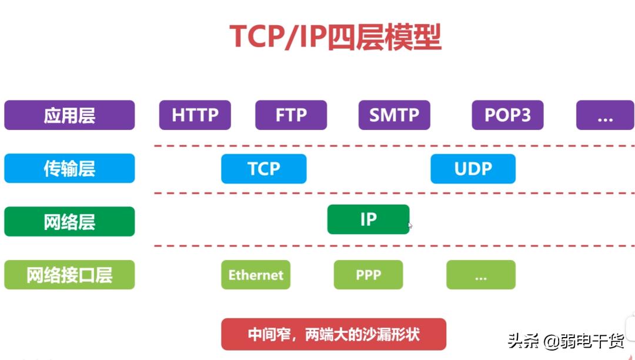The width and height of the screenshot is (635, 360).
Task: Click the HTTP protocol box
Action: [x=195, y=115]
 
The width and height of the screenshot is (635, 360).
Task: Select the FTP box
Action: [x=290, y=115]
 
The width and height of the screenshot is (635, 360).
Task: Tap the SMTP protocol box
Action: [x=394, y=115]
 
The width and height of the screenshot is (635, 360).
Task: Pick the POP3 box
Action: [x=507, y=115]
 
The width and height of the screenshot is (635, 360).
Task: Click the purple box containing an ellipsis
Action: [x=604, y=115]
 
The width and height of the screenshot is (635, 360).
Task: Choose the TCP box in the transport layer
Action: [x=263, y=169]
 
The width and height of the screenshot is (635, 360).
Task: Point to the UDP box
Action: [x=473, y=169]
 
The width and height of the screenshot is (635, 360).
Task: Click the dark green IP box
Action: [x=368, y=219]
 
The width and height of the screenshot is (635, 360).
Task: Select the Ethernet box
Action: [x=256, y=275]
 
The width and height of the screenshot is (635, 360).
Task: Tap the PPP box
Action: [x=368, y=275]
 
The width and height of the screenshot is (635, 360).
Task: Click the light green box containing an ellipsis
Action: [x=480, y=275]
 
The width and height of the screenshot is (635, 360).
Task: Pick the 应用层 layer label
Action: [x=69, y=115]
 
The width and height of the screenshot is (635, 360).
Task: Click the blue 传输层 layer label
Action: [x=69, y=169]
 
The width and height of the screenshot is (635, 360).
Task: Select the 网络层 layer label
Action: [x=69, y=222]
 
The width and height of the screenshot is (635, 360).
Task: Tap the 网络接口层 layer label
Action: [x=69, y=275]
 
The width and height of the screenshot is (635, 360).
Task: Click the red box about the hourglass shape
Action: [x=333, y=334]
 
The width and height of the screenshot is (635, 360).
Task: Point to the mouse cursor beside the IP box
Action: [x=410, y=225]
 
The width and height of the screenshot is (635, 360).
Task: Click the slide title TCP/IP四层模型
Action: [x=335, y=37]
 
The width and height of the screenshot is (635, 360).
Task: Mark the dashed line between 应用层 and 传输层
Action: [x=394, y=145]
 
